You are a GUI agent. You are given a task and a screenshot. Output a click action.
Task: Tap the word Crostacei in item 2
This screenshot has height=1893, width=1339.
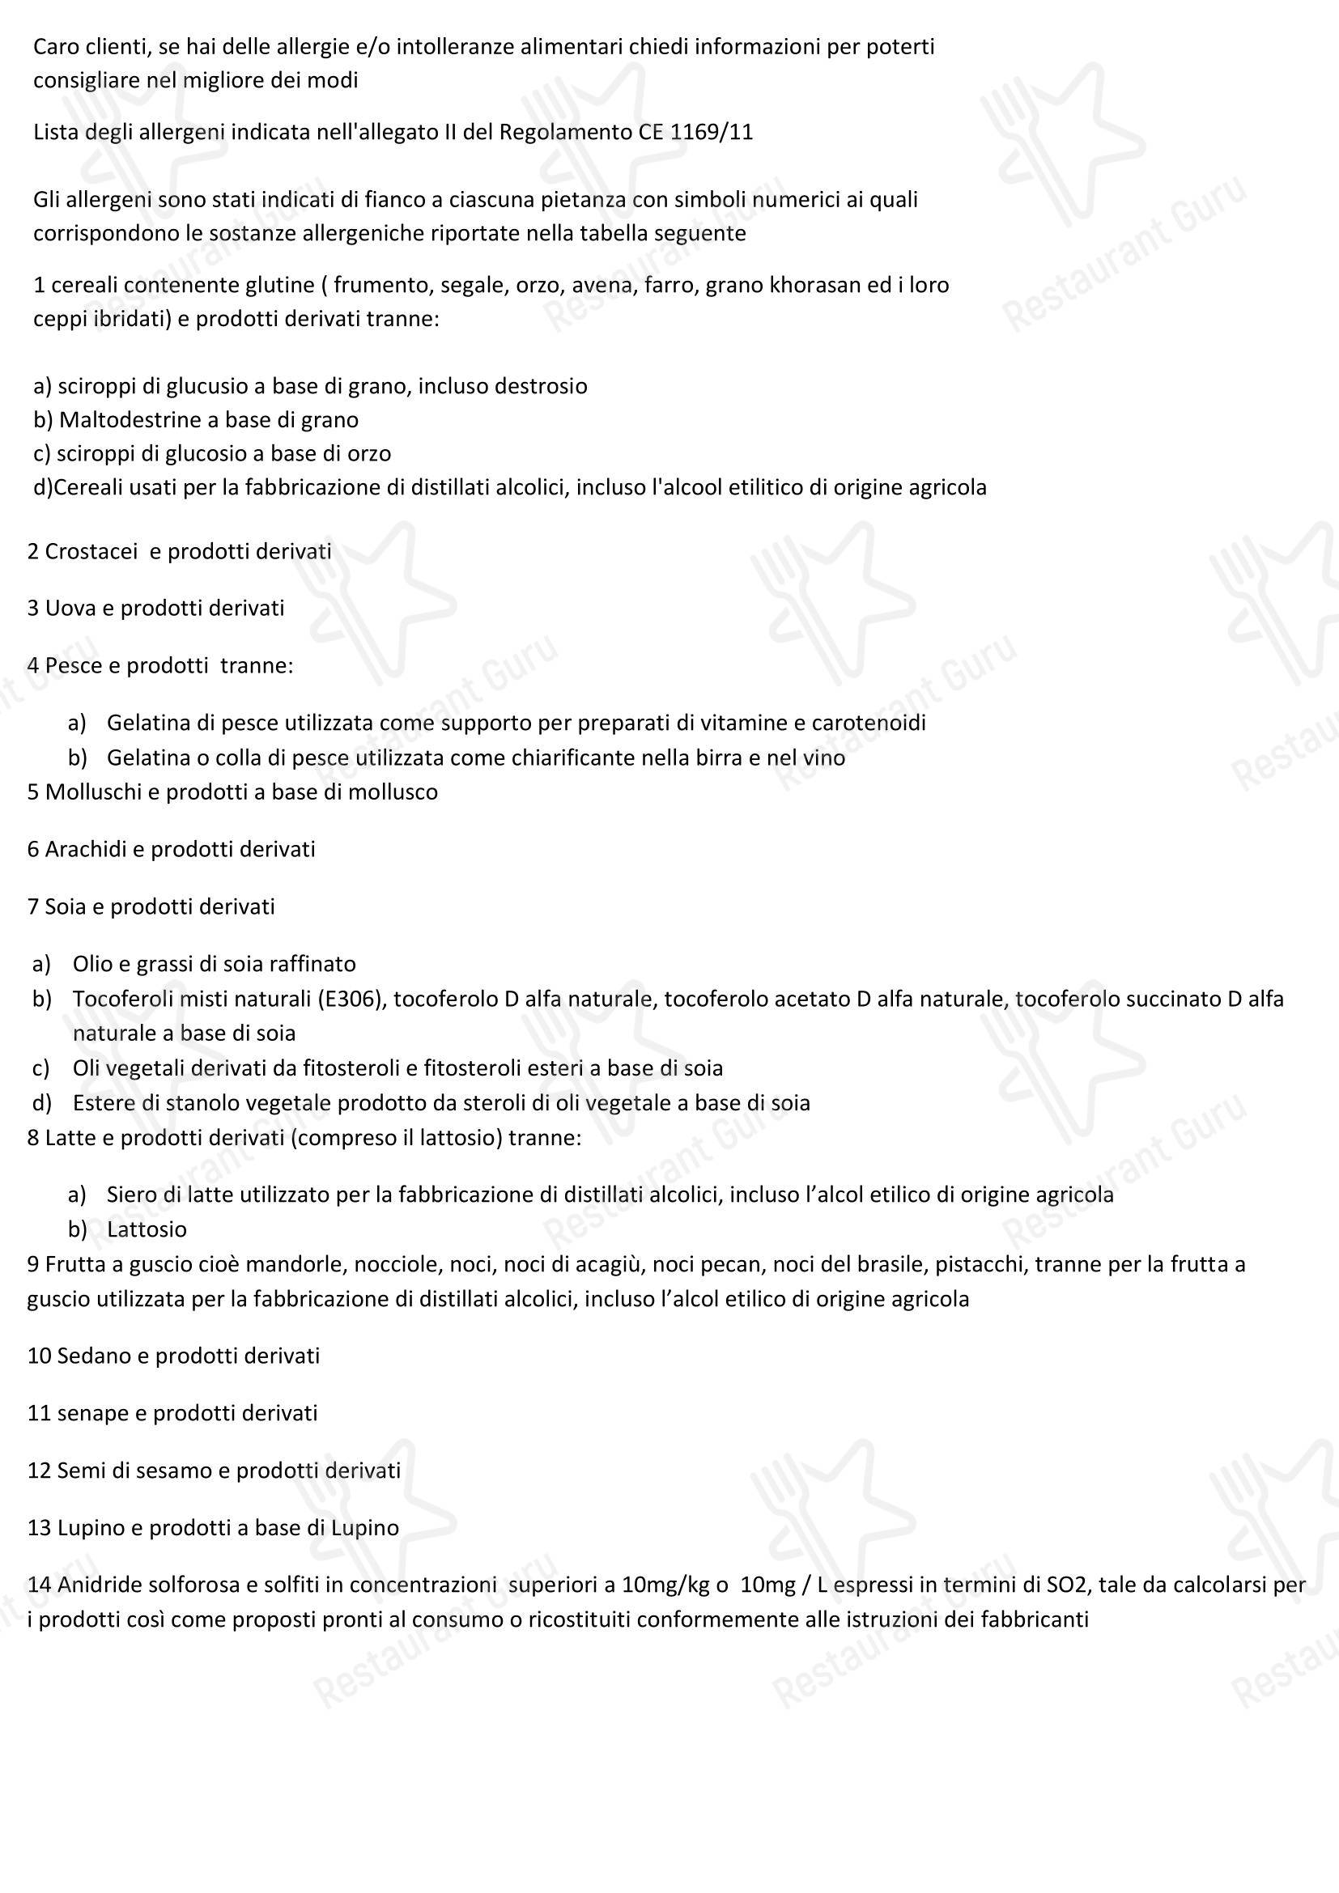click(91, 552)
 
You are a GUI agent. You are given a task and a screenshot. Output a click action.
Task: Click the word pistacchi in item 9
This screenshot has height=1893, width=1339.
click(980, 1264)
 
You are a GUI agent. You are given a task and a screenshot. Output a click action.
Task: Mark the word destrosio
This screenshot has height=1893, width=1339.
click(540, 386)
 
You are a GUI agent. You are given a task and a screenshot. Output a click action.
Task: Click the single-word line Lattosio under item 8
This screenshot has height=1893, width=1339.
click(147, 1229)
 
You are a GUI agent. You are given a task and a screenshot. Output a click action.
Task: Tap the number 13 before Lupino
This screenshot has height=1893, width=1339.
click(39, 1528)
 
